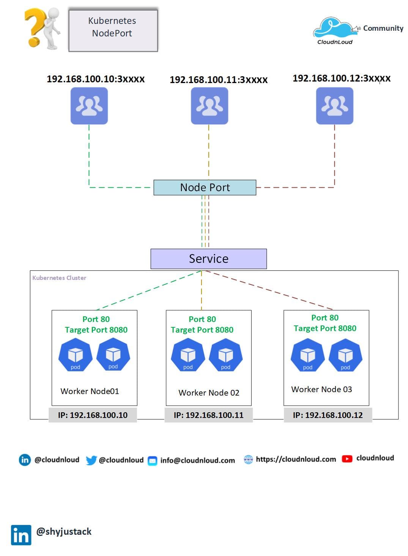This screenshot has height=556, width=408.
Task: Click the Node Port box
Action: [205, 187]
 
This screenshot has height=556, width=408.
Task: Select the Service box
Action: [208, 259]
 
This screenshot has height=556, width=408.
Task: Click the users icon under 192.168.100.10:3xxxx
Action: [89, 106]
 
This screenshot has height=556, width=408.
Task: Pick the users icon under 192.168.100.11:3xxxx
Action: [209, 106]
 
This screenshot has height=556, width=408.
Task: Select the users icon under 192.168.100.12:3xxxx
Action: [334, 106]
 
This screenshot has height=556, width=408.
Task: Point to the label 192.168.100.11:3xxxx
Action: [219, 80]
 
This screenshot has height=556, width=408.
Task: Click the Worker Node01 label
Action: [90, 391]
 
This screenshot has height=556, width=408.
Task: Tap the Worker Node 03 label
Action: [321, 389]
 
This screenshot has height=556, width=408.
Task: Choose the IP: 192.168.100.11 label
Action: [208, 415]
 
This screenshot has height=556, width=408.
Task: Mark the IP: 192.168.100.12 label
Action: [328, 415]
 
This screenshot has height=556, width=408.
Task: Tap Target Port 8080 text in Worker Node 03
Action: [325, 328]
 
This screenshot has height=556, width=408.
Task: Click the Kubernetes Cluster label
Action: [59, 278]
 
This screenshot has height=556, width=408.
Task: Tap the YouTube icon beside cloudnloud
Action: [347, 459]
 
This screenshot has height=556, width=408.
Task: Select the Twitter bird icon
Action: [91, 460]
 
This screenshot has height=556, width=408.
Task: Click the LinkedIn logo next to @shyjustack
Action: [21, 535]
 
